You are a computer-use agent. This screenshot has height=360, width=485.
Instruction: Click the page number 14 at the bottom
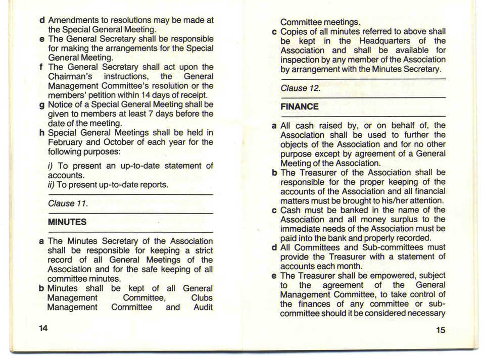click(x=43, y=328)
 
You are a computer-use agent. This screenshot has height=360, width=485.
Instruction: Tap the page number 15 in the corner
click(x=440, y=330)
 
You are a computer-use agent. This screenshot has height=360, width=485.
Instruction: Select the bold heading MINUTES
click(x=67, y=222)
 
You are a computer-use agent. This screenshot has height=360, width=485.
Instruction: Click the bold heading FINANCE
click(x=299, y=107)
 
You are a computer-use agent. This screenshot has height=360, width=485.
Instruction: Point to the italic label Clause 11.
click(x=68, y=203)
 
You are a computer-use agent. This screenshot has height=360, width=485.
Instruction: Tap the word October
click(x=121, y=142)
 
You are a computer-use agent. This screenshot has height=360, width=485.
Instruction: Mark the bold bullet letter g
click(x=41, y=105)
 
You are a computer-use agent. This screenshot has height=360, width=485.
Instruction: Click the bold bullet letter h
click(x=41, y=133)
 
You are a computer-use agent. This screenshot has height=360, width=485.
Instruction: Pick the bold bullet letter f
click(x=40, y=67)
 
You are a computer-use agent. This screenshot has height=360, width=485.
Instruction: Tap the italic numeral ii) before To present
click(x=51, y=184)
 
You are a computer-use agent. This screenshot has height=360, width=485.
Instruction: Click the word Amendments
click(x=76, y=20)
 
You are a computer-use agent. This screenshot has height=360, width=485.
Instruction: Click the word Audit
click(x=203, y=307)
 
